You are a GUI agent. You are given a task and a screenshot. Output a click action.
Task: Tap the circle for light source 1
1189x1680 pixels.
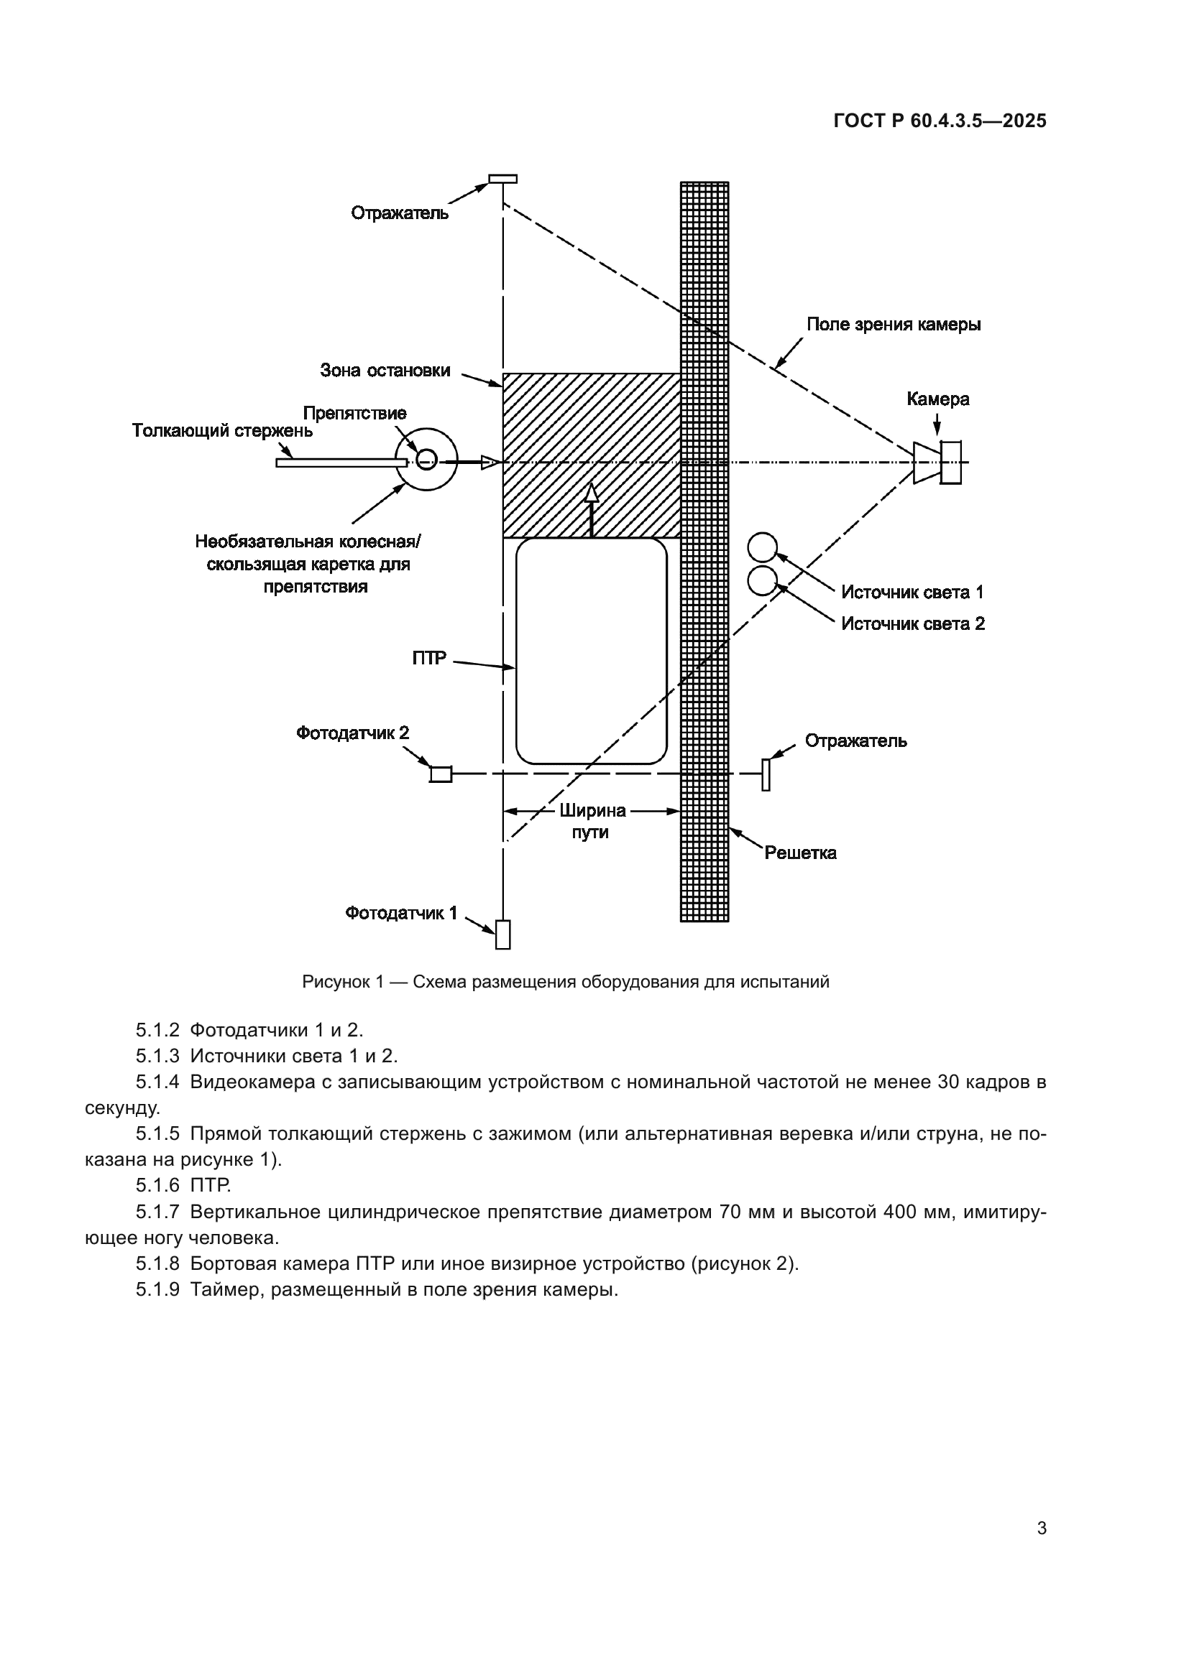pyautogui.click(x=762, y=547)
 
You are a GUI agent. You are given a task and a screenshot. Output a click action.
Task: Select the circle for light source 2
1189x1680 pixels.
pyautogui.click(x=762, y=581)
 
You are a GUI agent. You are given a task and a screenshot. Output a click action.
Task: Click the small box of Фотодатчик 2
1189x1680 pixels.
pyautogui.click(x=440, y=774)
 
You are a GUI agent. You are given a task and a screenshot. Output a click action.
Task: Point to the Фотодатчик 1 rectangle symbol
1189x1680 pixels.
pyautogui.click(x=503, y=934)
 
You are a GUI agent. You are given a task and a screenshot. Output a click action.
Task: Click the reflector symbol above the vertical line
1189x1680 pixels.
pyautogui.click(x=503, y=179)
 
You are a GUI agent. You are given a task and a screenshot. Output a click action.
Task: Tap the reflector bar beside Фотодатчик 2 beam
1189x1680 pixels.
pyautogui.click(x=766, y=775)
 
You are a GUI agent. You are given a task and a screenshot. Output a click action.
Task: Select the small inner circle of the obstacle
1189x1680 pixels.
pyautogui.click(x=426, y=460)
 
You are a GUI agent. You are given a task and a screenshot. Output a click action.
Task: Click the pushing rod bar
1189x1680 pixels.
pyautogui.click(x=341, y=463)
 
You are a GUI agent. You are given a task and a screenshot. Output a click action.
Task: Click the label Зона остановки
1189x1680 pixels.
pyautogui.click(x=385, y=371)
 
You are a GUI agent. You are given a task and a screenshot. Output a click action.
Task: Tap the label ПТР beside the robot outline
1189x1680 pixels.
pyautogui.click(x=429, y=659)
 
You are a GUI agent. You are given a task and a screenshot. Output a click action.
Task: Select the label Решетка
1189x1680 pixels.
pyautogui.click(x=800, y=853)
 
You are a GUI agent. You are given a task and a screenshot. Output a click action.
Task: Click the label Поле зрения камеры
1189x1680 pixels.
pyautogui.click(x=894, y=325)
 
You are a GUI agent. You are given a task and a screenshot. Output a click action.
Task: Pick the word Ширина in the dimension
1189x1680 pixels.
pyautogui.click(x=592, y=811)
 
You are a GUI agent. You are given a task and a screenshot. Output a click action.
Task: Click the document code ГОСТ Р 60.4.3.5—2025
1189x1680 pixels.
pyautogui.click(x=940, y=121)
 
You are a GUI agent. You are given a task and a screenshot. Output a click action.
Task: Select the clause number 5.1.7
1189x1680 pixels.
pyautogui.click(x=157, y=1212)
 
